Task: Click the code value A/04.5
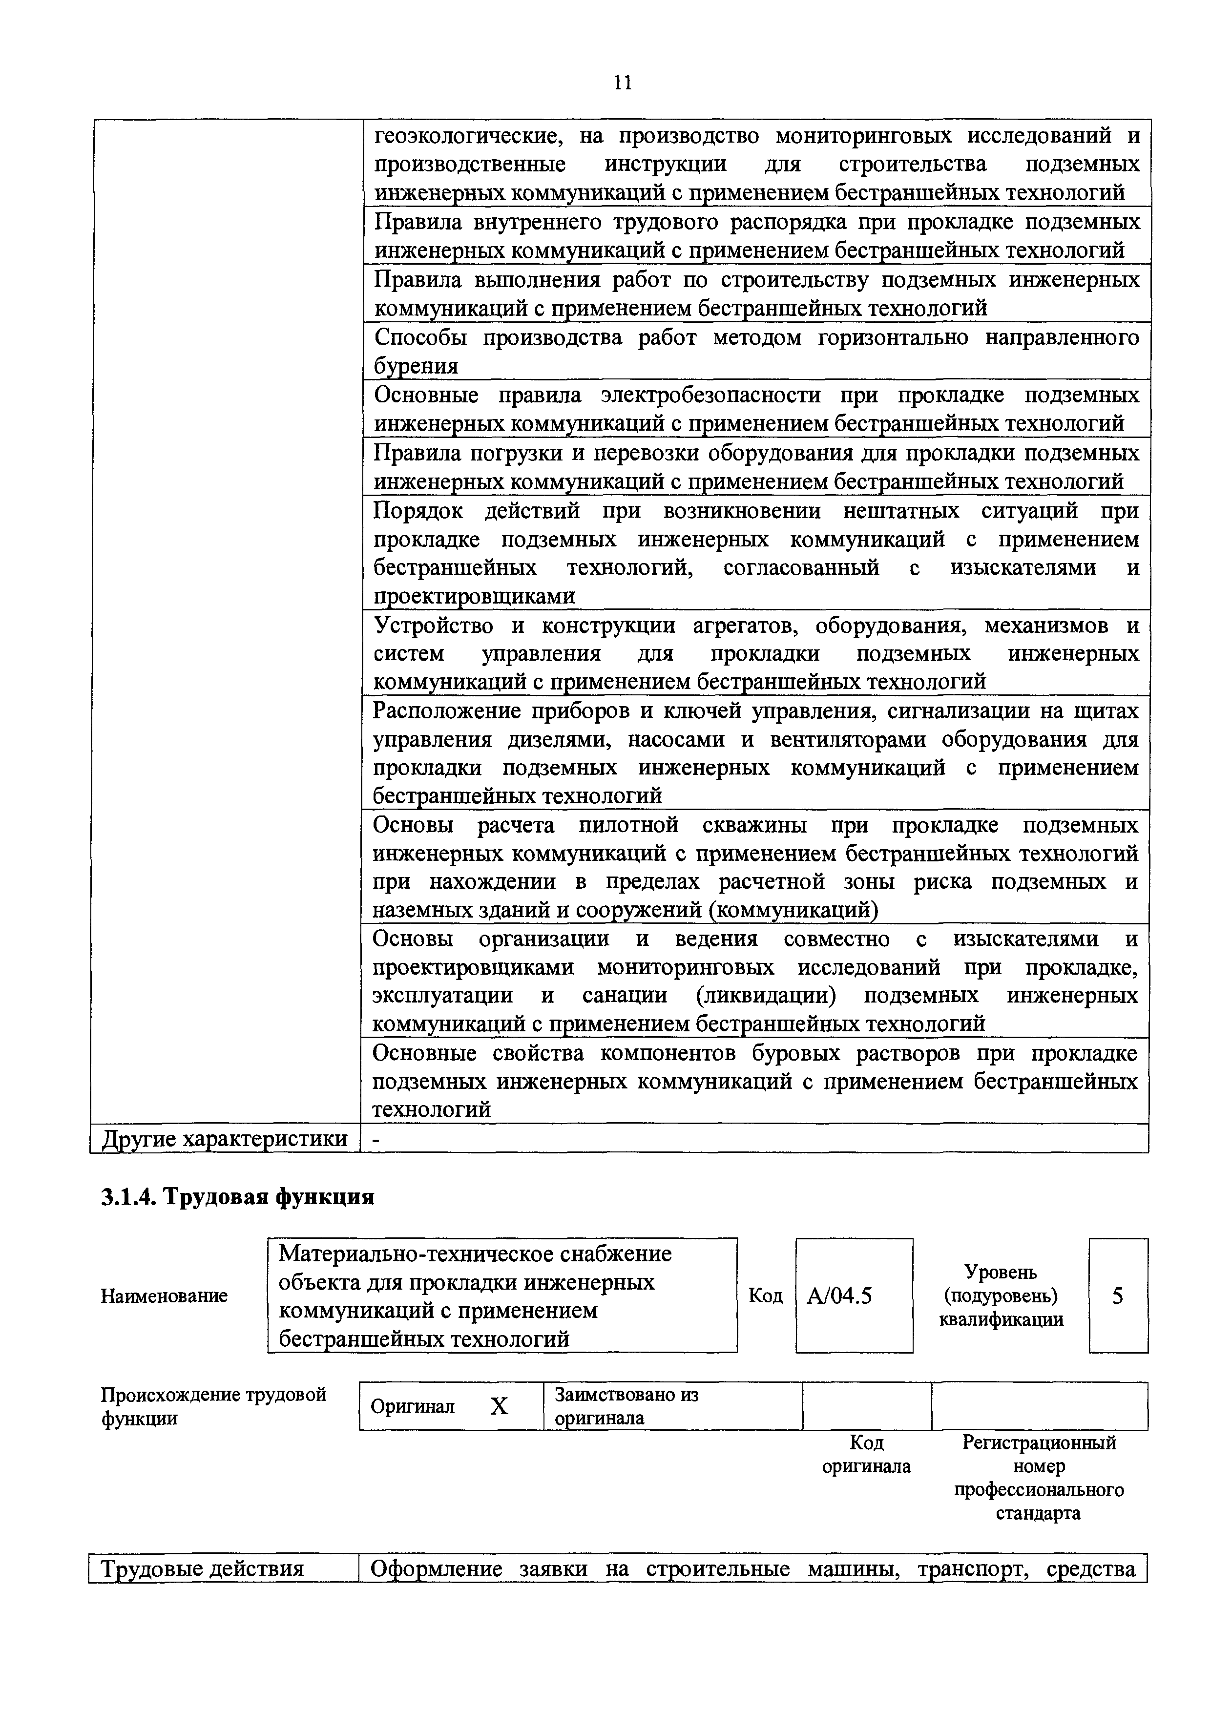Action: click(x=839, y=1296)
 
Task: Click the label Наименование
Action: click(x=164, y=1296)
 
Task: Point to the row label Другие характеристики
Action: click(x=225, y=1139)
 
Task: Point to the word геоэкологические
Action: click(x=465, y=137)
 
